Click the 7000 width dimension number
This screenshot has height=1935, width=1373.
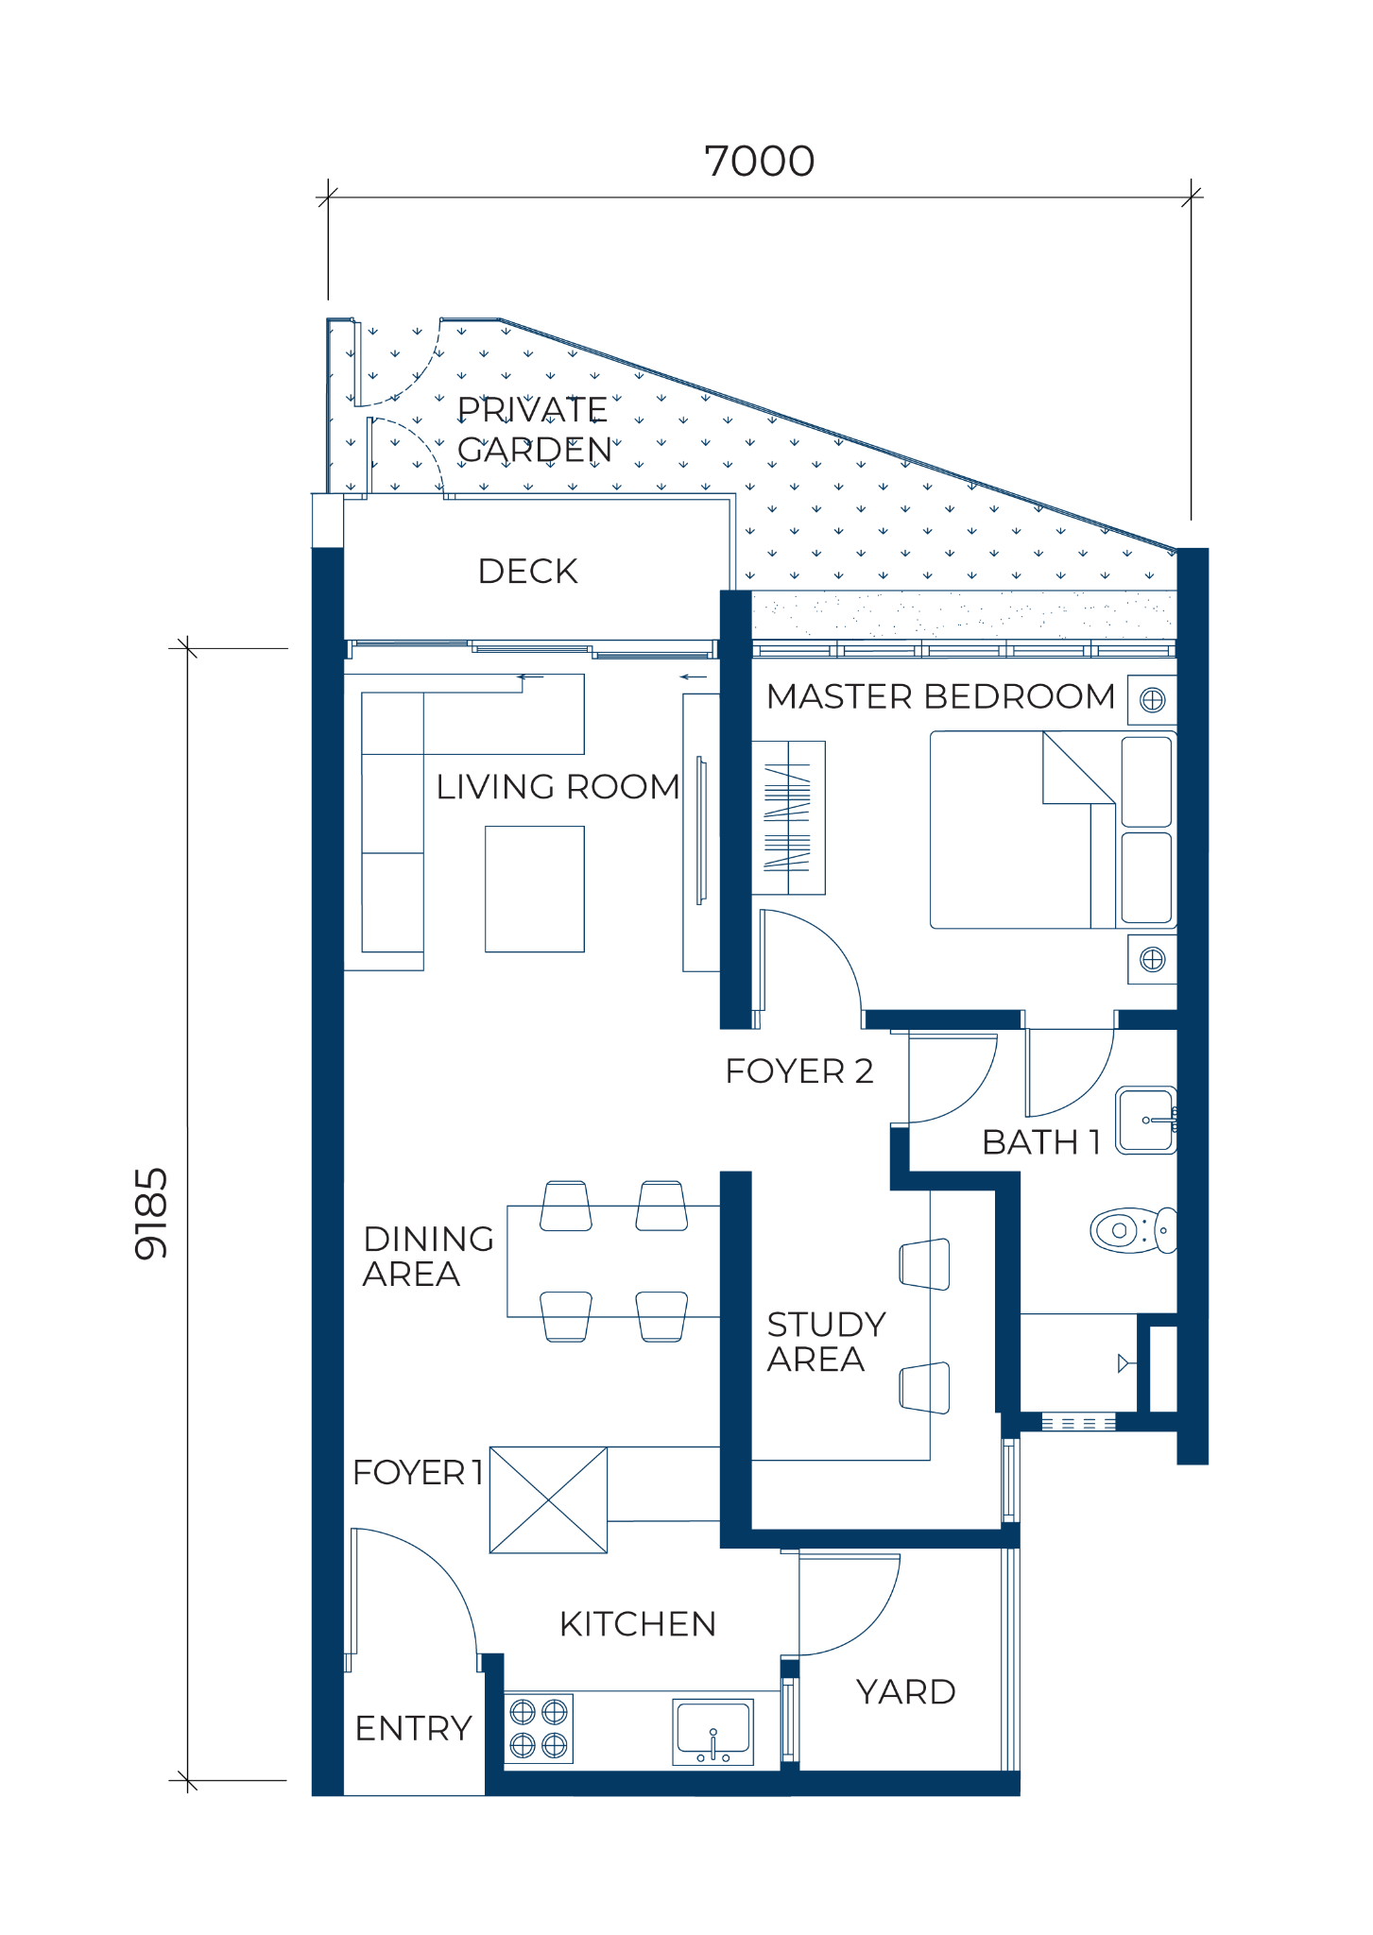click(760, 162)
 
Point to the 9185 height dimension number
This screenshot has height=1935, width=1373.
click(151, 1214)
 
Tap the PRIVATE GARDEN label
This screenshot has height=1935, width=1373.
click(535, 430)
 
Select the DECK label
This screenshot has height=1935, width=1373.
click(527, 572)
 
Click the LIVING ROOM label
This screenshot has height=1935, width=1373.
click(558, 787)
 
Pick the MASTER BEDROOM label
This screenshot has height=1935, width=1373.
click(941, 696)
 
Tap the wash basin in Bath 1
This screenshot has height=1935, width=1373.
click(1146, 1121)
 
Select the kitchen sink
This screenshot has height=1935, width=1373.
click(713, 1731)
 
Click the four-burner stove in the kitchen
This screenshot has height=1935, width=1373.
click(539, 1728)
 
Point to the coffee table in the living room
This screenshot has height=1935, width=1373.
click(535, 889)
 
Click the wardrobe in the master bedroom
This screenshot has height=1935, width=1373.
click(788, 817)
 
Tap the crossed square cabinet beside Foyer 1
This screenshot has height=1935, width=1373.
click(548, 1500)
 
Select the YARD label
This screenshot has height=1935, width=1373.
click(906, 1692)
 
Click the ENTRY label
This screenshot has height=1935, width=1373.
click(413, 1728)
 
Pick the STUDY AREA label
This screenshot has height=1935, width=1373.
click(826, 1342)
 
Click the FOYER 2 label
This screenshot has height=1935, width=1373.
click(799, 1071)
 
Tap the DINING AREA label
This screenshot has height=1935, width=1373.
click(428, 1256)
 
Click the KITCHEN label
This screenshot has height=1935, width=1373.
click(638, 1624)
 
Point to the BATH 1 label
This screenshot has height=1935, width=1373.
click(1041, 1142)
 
